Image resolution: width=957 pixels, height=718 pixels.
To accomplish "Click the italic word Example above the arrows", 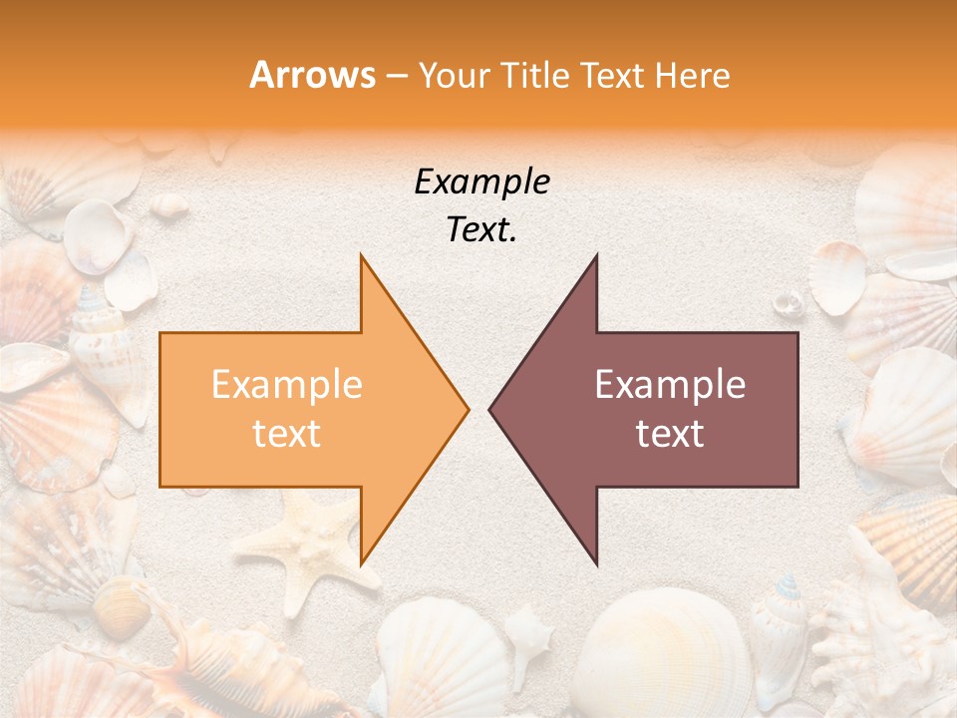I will pos(481,182).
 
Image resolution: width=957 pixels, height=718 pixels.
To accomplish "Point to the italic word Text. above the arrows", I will pos(481,230).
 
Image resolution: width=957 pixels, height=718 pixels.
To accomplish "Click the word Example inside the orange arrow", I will pos(286,385).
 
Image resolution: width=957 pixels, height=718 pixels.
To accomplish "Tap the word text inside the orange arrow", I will pos(286,434).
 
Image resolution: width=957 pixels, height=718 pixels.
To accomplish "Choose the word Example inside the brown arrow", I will pos(670,385).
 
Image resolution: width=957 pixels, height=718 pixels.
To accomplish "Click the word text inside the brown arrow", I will pos(670,434).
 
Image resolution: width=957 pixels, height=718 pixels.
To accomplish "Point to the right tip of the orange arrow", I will pos(467,409).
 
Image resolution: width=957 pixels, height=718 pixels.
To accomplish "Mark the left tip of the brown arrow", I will pos(490,409).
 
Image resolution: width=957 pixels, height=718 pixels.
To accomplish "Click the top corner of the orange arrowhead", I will pos(362,256).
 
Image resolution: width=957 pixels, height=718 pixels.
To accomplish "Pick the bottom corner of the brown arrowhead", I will pos(596,563).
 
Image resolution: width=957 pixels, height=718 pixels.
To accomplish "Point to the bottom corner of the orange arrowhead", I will pos(362,563).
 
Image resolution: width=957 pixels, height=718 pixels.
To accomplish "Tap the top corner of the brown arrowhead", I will pos(596,256).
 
